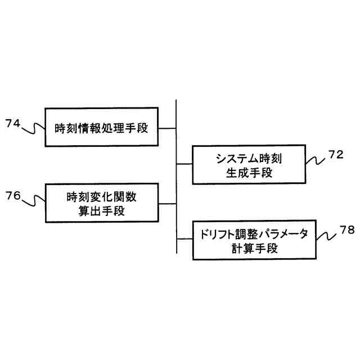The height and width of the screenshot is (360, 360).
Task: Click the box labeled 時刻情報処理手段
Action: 102,128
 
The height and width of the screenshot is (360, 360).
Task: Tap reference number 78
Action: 347,231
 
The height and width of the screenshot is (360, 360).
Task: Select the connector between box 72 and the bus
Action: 184,165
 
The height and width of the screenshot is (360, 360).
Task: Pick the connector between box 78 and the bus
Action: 184,239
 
